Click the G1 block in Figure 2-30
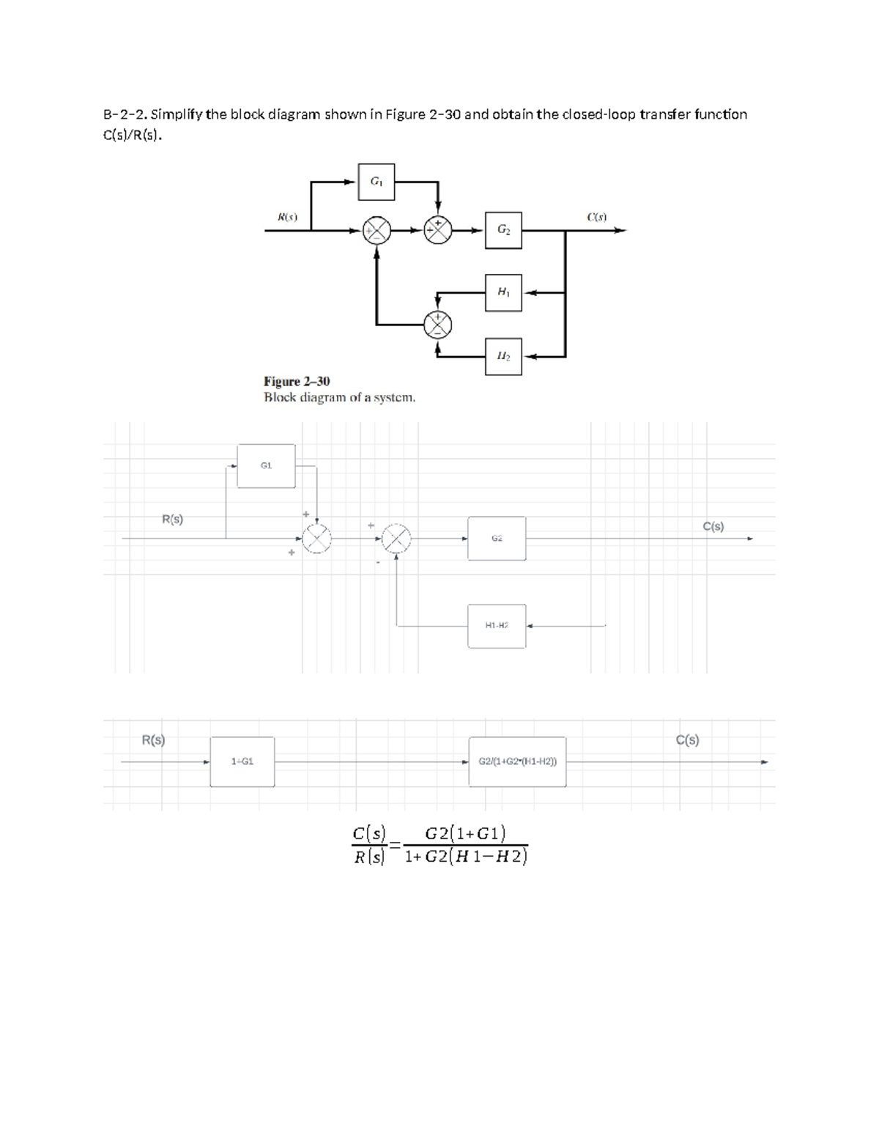377,182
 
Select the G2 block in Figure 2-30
504,230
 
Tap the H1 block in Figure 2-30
504,292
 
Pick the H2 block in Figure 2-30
504,357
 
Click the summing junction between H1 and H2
438,325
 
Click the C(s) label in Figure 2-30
597,216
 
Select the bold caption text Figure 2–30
297,381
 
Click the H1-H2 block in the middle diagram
497,626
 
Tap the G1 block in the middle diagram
266,466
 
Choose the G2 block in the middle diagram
497,539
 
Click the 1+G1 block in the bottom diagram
242,762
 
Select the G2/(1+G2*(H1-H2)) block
517,762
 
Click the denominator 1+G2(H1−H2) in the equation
466,857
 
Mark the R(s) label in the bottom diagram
153,740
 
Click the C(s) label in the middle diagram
713,526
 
